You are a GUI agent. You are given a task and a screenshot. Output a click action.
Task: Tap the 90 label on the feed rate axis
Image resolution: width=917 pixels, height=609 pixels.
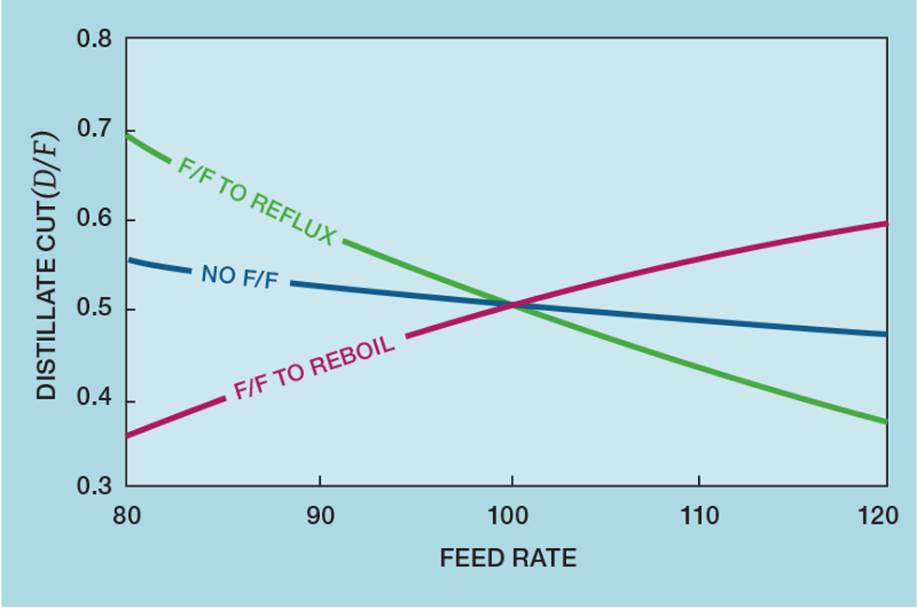[320, 516]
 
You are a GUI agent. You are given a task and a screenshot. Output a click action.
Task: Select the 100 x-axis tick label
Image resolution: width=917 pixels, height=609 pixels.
[511, 516]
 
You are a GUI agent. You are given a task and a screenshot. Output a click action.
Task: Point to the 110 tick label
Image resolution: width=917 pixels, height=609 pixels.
[700, 516]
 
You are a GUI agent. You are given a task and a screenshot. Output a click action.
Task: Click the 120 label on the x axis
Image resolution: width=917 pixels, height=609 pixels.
[885, 516]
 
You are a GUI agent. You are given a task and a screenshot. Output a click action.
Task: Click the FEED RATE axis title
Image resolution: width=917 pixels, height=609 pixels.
[508, 559]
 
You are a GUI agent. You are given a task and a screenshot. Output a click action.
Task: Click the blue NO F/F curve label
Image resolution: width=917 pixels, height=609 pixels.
[240, 275]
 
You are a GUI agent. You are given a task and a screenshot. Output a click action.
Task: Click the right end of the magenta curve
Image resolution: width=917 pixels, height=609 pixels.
[885, 223]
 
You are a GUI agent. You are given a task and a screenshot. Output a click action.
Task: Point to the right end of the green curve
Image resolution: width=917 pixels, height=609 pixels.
[885, 422]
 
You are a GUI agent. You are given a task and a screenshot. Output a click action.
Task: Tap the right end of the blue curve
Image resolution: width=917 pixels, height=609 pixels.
[885, 334]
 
